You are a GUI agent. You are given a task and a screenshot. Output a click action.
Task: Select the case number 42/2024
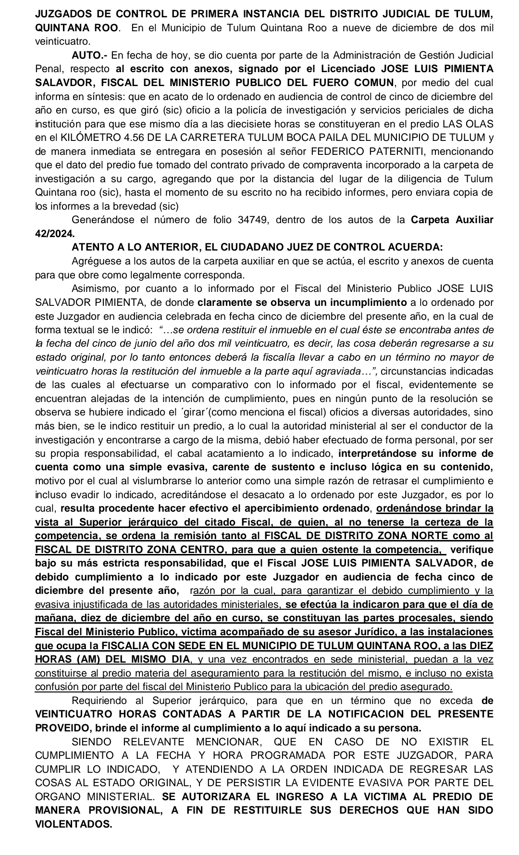tap(54, 234)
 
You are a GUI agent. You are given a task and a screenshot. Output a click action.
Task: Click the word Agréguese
tap(94, 262)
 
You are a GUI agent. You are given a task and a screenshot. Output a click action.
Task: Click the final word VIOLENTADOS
tap(74, 824)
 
